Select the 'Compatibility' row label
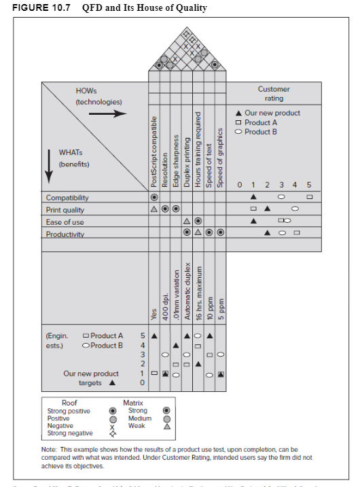(67, 198)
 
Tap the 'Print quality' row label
(65, 210)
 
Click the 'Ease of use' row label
(64, 222)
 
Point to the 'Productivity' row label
(65, 234)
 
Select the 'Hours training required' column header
(198, 149)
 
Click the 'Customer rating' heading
(274, 94)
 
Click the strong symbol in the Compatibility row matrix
(154, 197)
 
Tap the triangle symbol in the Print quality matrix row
(154, 210)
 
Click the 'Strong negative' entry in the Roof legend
(70, 433)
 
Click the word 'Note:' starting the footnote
(50, 449)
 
